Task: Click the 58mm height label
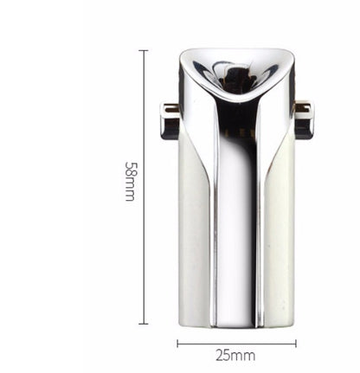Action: (x=130, y=180)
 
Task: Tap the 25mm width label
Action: (x=236, y=355)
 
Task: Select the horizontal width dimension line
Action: (x=236, y=343)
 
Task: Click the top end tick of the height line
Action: (x=144, y=50)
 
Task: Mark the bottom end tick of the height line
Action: (x=144, y=324)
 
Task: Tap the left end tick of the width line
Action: (x=177, y=343)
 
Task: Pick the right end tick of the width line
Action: (x=296, y=343)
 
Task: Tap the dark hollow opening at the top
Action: (x=235, y=80)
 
